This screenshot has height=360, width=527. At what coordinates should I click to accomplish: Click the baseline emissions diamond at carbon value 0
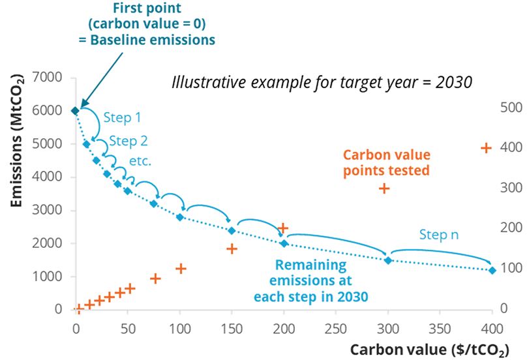(x=75, y=111)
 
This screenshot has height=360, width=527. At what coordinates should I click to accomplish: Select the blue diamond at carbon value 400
(x=492, y=270)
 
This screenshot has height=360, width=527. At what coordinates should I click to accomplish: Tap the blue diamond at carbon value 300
(x=388, y=260)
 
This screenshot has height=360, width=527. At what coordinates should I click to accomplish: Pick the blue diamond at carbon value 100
(x=180, y=217)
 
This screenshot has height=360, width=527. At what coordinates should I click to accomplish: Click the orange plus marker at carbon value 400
(x=486, y=148)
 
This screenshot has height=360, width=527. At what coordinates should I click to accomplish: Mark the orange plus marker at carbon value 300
(x=385, y=188)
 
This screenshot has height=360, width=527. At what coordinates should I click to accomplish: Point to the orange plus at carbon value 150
(x=232, y=248)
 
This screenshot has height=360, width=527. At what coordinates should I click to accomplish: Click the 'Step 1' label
(x=122, y=119)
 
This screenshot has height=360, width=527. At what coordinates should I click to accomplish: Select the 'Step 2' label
(x=128, y=141)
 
